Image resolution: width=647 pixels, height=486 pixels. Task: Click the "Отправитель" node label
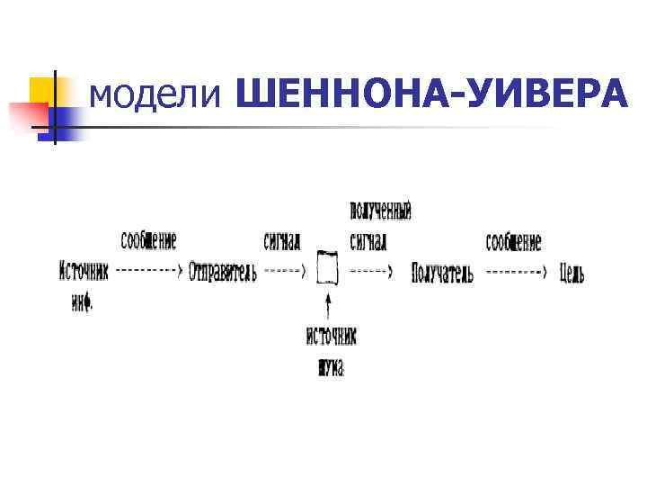pos(223,273)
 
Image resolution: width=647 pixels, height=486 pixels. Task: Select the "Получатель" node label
pos(442,273)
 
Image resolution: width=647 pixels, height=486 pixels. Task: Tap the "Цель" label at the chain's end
pos(572,273)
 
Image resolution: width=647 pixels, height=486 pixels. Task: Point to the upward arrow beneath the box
pos(330,306)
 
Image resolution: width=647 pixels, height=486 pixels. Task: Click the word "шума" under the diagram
pos(331,367)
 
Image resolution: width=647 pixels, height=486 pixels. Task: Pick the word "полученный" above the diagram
pos(380,213)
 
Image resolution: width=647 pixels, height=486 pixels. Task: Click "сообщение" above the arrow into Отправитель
pos(149,241)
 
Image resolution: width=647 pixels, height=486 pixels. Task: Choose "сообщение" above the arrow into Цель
pos(514,242)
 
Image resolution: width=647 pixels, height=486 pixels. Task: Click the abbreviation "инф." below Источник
pos(82,304)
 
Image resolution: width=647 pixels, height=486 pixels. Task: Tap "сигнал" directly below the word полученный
pos(368,242)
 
